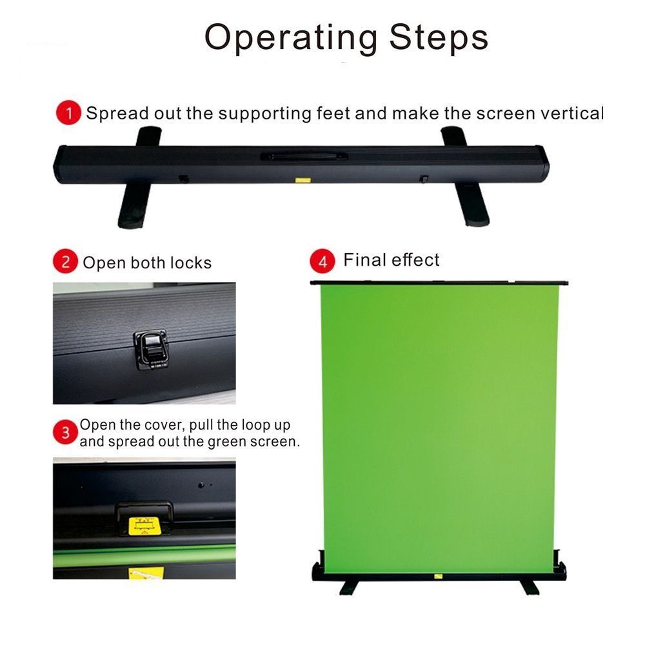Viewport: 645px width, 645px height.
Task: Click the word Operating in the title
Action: pyautogui.click(x=291, y=38)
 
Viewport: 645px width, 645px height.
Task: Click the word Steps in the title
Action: pyautogui.click(x=439, y=37)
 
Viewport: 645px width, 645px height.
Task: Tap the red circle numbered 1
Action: pyautogui.click(x=69, y=112)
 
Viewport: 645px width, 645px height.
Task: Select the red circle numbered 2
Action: pyautogui.click(x=65, y=261)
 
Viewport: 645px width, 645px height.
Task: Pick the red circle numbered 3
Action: pyautogui.click(x=65, y=432)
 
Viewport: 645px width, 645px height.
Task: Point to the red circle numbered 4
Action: pyautogui.click(x=322, y=261)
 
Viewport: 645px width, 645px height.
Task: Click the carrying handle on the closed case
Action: pyautogui.click(x=304, y=156)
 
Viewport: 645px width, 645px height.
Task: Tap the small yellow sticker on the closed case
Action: pyautogui.click(x=303, y=180)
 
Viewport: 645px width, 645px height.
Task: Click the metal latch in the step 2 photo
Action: pyautogui.click(x=150, y=348)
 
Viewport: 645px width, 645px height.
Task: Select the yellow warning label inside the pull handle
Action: pyautogui.click(x=144, y=526)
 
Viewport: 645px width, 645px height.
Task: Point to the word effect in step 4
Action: pyautogui.click(x=415, y=260)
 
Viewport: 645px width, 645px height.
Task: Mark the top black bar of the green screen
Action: pyautogui.click(x=439, y=283)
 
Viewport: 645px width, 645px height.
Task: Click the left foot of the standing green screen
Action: pyautogui.click(x=349, y=588)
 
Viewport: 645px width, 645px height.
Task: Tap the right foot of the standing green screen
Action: pyautogui.click(x=530, y=588)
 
